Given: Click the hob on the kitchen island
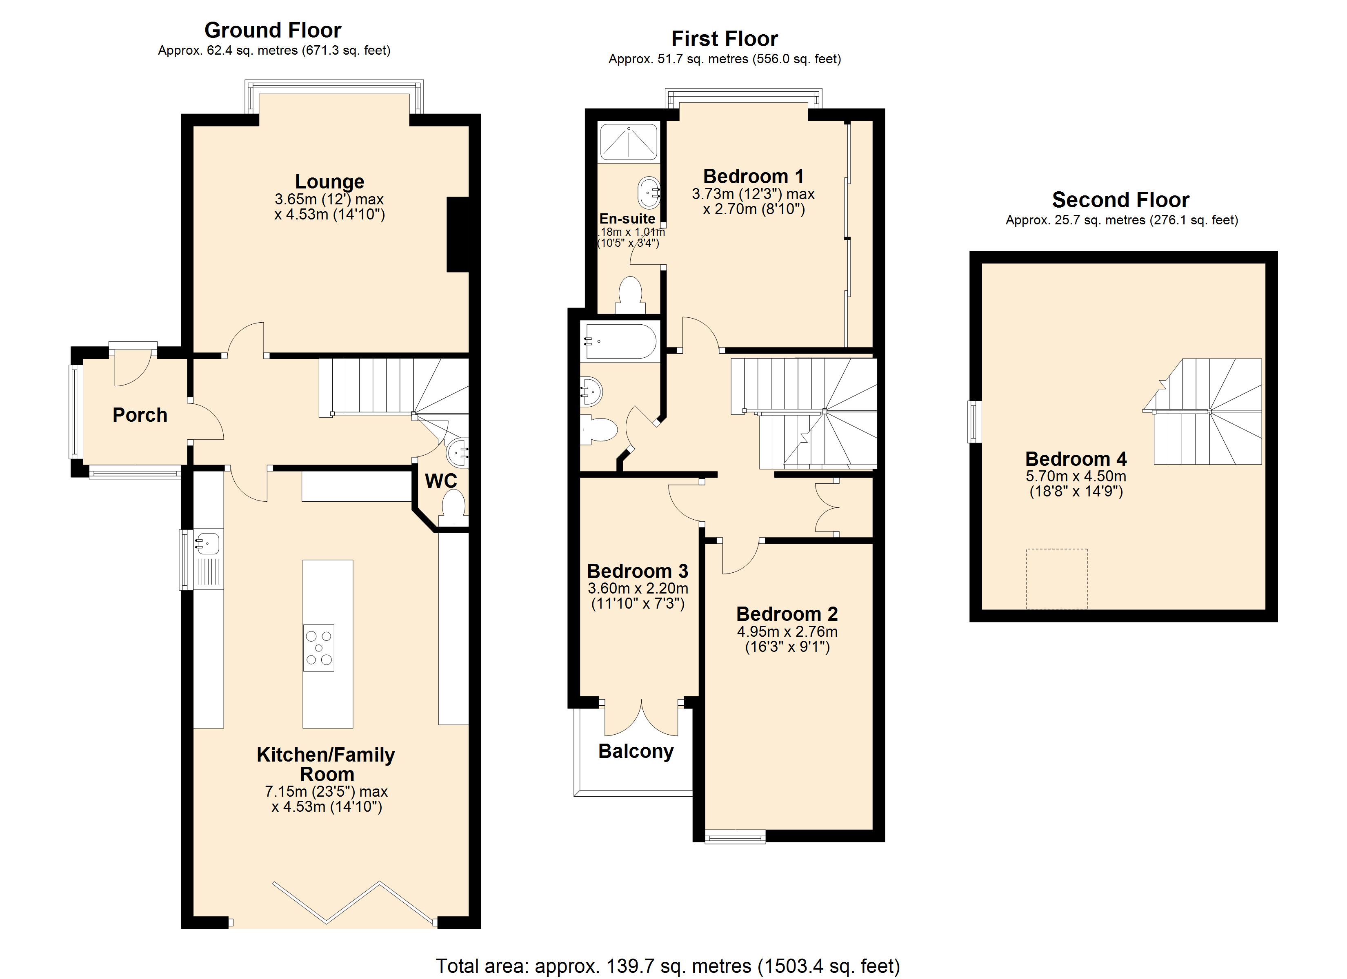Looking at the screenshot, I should coord(318,648).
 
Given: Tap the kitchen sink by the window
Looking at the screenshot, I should coord(207,544).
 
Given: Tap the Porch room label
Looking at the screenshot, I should coord(140,415).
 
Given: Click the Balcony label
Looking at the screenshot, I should coord(636,751).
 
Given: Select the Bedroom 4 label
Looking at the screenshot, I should coord(1076,459).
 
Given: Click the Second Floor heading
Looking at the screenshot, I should coord(1120,199).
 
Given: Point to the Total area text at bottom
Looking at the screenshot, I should coord(667,966).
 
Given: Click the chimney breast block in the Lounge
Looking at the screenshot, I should coord(458,235).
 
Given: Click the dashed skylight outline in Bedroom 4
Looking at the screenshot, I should coord(1056,578).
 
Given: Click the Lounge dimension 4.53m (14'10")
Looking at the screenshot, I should coord(330,214).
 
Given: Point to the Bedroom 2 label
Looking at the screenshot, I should coord(787,614).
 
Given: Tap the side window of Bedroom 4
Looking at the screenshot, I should coord(974,422).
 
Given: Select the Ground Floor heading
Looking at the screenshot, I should coord(273,30).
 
